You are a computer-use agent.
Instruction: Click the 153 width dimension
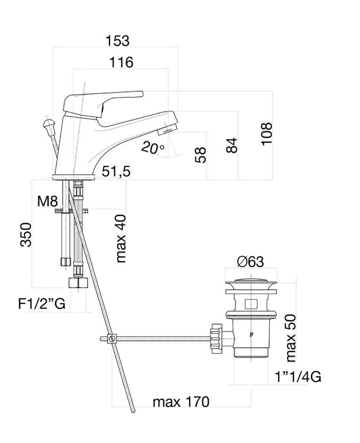click(117, 40)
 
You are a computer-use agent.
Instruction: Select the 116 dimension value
click(121, 62)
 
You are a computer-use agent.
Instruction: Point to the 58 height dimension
click(201, 155)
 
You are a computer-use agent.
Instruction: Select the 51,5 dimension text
click(116, 171)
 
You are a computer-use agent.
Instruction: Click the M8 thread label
click(47, 202)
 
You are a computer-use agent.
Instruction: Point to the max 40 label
click(120, 238)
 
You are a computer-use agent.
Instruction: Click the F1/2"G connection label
click(42, 303)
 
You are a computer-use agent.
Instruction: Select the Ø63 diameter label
click(250, 262)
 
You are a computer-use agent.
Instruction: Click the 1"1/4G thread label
click(298, 377)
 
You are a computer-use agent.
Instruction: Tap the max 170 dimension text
click(181, 402)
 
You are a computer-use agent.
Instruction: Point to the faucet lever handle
click(104, 100)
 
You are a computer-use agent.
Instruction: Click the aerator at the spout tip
click(168, 130)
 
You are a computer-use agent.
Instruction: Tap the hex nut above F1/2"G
click(79, 283)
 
